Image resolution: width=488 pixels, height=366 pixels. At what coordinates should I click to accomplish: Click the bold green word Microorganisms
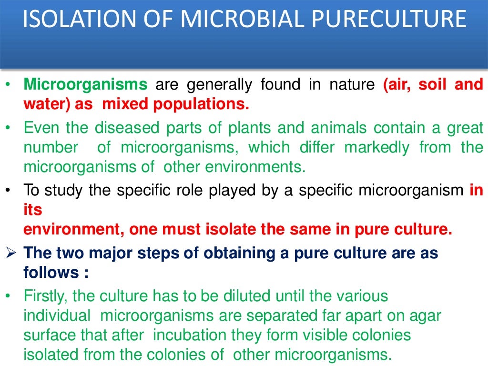[x=86, y=85]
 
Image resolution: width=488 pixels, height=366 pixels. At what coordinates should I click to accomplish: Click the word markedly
[x=376, y=147]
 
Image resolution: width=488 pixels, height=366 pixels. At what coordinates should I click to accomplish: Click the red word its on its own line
[x=33, y=210]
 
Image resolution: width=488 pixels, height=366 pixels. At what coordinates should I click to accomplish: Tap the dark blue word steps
[x=165, y=253]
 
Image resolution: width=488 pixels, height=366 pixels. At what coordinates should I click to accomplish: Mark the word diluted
[x=247, y=296]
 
